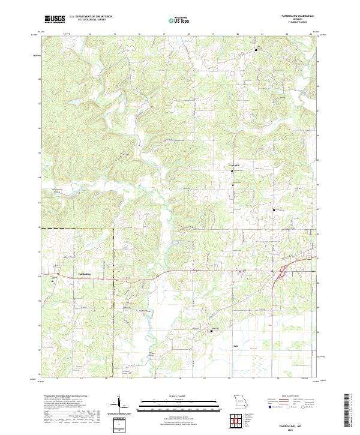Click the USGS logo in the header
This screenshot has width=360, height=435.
(x=55, y=19)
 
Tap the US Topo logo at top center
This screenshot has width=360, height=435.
(x=178, y=20)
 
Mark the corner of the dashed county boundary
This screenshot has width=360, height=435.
(x=113, y=229)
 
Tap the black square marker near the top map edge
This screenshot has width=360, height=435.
(x=256, y=50)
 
